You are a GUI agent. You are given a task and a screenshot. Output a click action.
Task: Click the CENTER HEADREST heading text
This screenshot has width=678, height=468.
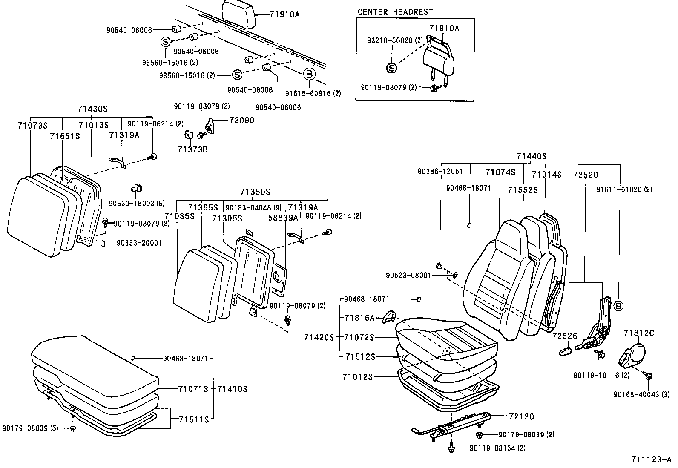point(395,12)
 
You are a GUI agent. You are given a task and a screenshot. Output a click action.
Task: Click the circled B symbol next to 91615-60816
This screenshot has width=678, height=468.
point(310,75)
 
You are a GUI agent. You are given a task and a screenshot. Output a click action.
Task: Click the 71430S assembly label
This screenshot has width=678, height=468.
point(92,109)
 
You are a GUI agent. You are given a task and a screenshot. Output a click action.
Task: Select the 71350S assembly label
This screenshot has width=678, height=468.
point(255,192)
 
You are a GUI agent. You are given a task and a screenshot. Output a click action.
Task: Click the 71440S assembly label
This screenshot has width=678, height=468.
point(531,157)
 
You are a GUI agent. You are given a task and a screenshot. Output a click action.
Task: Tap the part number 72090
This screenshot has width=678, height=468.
point(241,120)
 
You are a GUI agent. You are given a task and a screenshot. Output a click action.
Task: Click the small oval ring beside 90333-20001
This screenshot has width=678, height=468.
point(103,243)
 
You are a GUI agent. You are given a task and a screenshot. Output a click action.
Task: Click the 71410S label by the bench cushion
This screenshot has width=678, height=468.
point(233,389)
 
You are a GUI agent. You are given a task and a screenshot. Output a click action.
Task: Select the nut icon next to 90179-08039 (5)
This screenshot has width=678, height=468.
point(73,428)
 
